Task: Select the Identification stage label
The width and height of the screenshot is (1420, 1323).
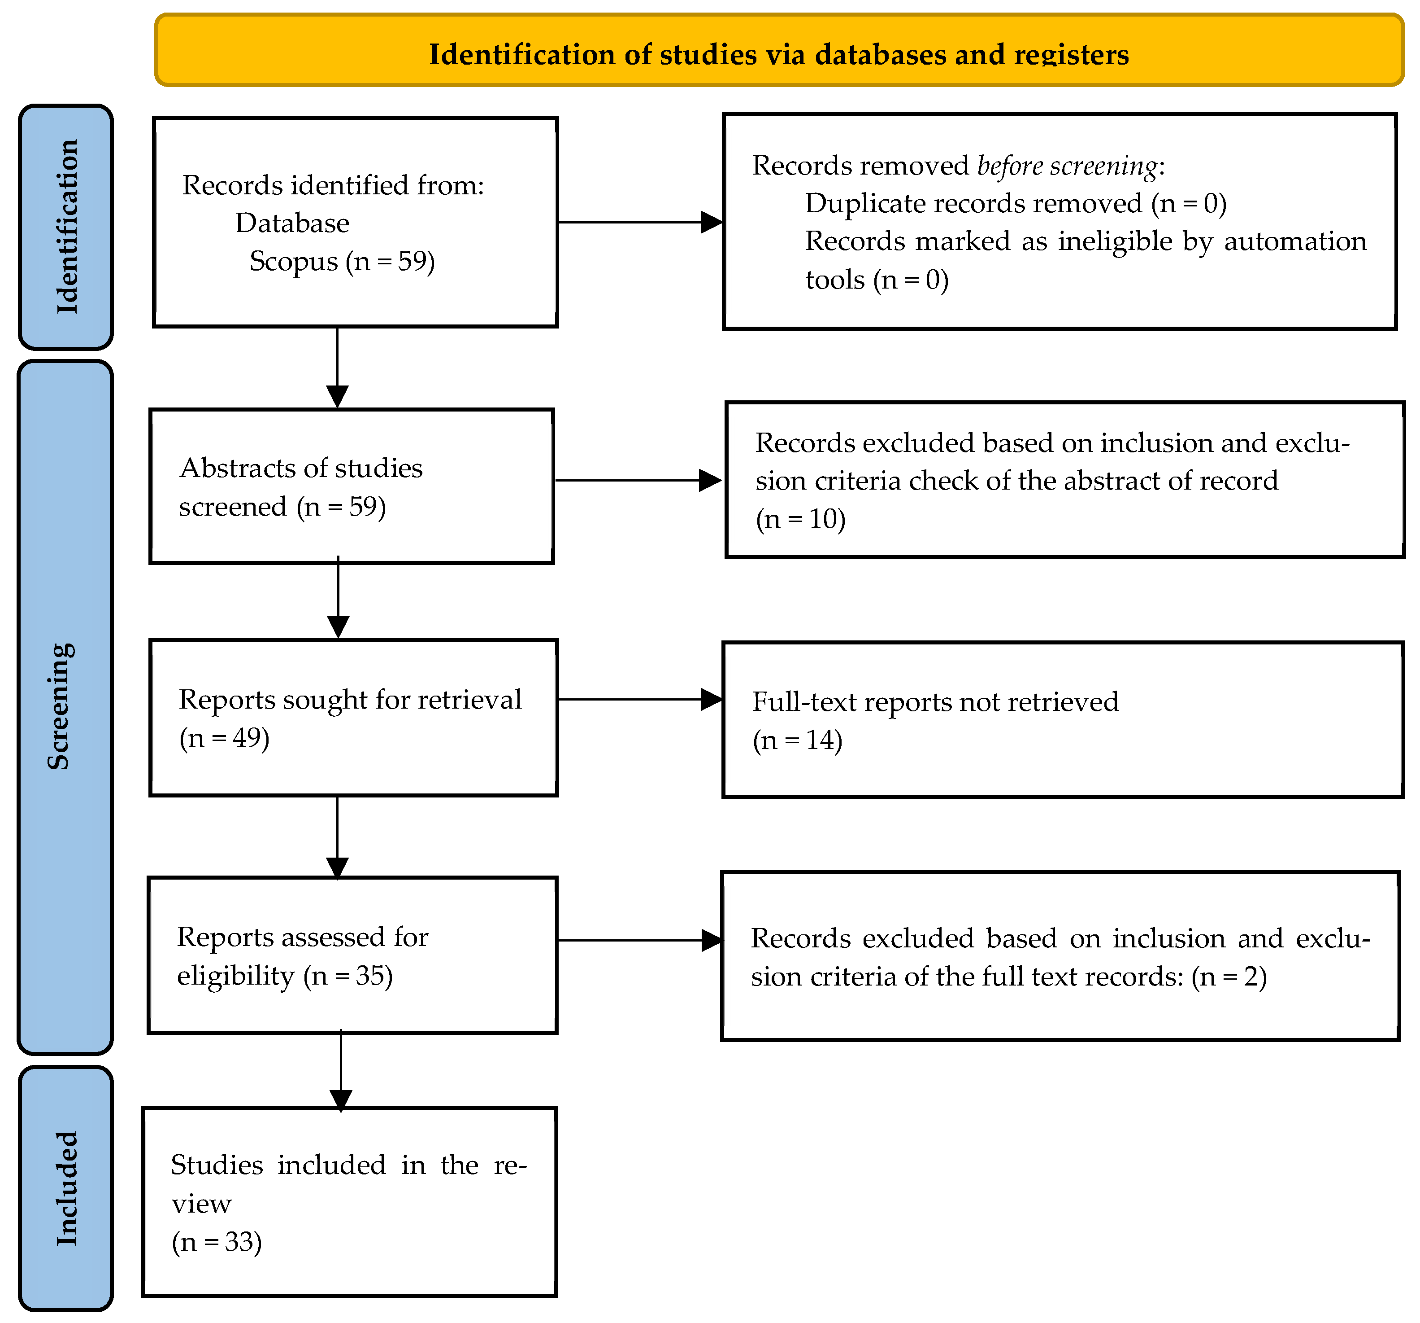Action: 66,227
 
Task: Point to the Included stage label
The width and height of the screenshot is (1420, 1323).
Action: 66,1188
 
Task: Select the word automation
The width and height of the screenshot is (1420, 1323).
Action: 1295,241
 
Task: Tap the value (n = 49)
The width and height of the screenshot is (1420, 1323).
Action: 224,738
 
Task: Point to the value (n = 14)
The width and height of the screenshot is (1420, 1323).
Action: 798,740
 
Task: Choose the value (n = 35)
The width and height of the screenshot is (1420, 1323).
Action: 348,976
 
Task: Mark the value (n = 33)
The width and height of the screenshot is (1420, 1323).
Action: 217,1241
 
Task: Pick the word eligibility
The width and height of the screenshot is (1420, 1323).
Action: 236,976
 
